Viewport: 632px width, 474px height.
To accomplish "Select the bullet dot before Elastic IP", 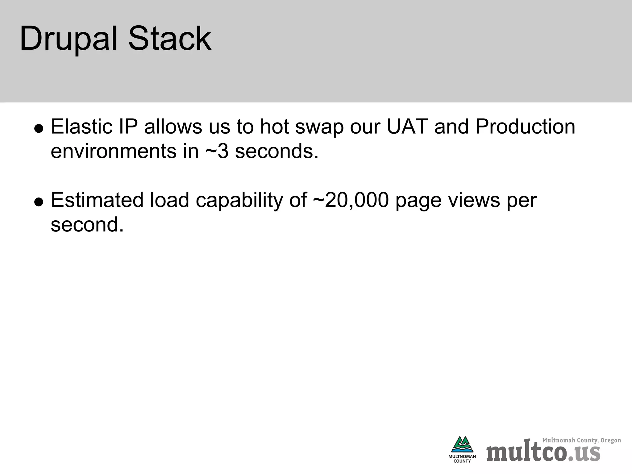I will tap(39, 129).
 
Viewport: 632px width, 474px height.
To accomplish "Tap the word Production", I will tap(525, 127).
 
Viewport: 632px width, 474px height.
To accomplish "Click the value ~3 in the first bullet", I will tap(217, 151).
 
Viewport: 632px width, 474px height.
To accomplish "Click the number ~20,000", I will tap(351, 200).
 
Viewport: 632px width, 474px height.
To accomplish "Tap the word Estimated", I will tap(97, 200).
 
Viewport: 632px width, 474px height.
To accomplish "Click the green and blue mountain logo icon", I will tap(462, 444).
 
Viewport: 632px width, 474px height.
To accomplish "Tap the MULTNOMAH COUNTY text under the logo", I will tap(462, 459).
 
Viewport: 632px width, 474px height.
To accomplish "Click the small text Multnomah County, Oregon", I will tap(581, 440).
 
